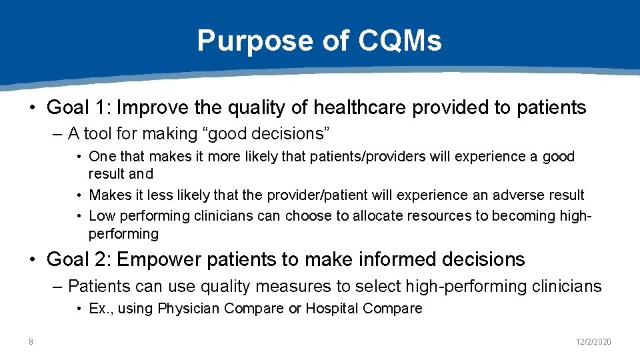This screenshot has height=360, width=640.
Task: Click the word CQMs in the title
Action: point(399,41)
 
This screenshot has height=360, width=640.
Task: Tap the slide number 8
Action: point(31,342)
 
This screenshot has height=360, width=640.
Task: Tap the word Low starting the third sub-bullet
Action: point(102,216)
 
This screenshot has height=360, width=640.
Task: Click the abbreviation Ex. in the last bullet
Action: point(99,309)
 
